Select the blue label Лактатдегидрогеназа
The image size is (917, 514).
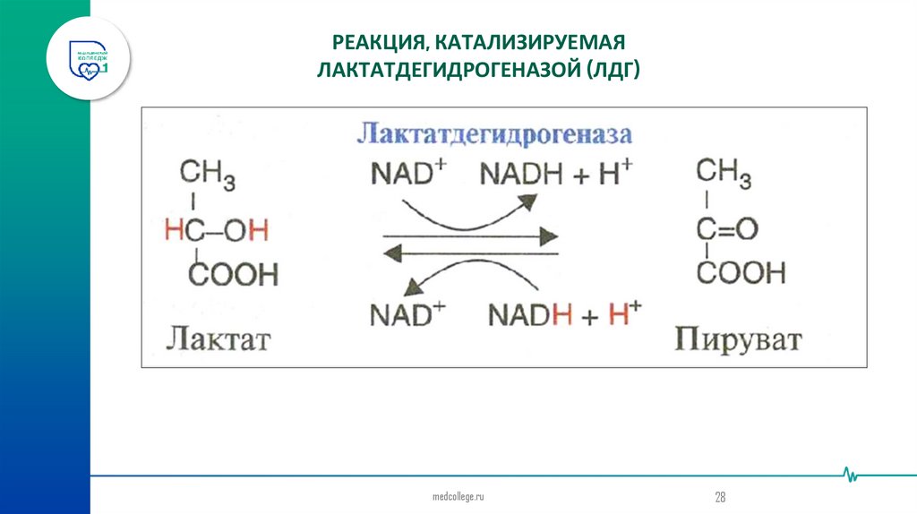click(x=494, y=134)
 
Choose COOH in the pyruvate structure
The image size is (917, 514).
click(x=741, y=272)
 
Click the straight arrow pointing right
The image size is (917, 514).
click(x=471, y=236)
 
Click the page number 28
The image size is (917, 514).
click(x=719, y=496)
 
